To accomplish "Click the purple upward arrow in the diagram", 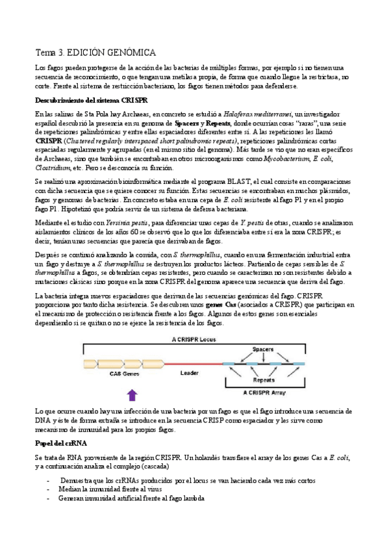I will click(x=132, y=394).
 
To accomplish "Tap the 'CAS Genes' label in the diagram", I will click(x=125, y=374).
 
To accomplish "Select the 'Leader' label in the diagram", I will click(x=189, y=374).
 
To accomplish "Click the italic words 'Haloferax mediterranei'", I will click(x=258, y=114).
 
